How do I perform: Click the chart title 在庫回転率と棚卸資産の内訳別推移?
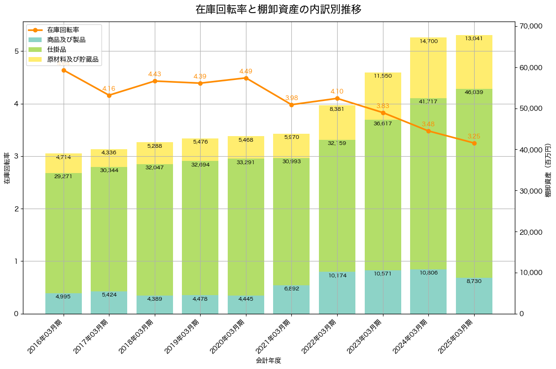[278, 9]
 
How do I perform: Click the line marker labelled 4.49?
[246, 78]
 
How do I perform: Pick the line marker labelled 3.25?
[474, 143]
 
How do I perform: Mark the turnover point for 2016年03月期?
[64, 70]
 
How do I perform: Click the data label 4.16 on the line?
[108, 89]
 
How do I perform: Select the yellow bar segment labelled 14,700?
[428, 68]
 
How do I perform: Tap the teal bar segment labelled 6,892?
[291, 299]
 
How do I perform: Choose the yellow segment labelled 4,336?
[109, 158]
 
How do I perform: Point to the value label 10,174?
[337, 276]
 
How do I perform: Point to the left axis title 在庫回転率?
[7, 168]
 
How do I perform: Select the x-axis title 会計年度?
[268, 361]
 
